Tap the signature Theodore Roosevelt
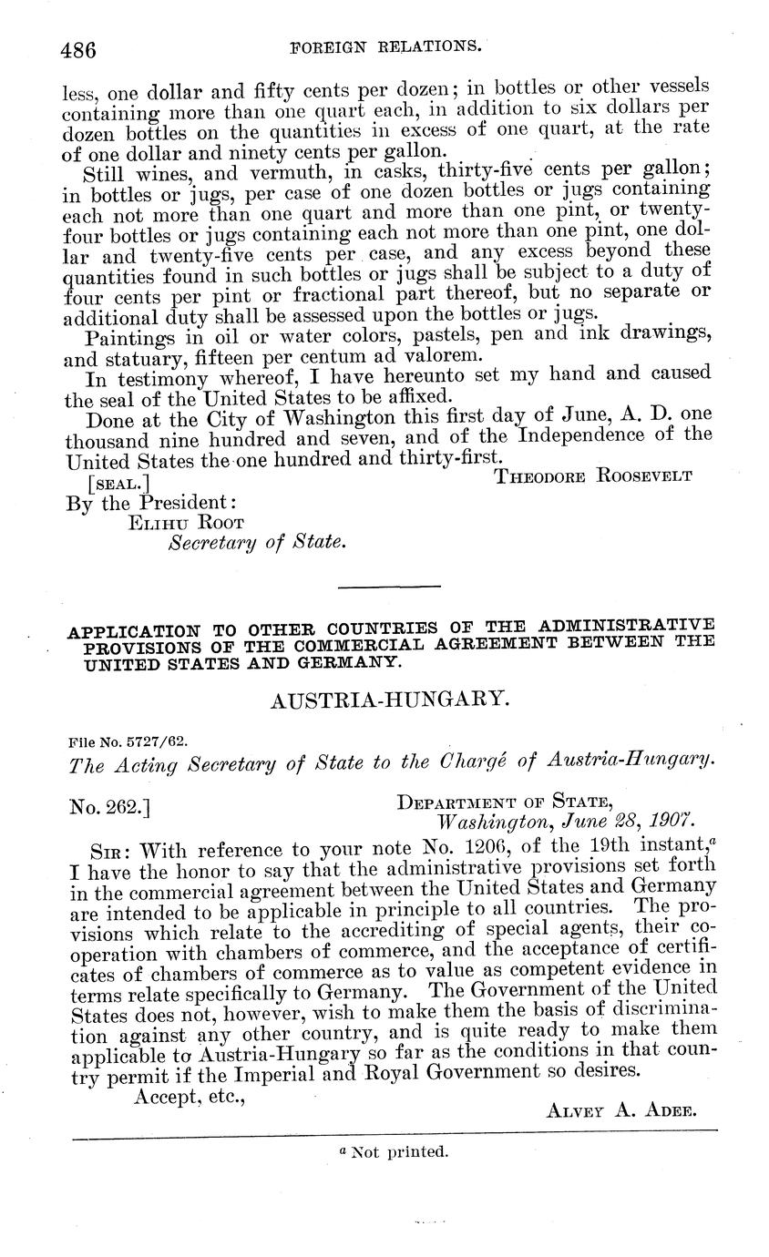click(593, 475)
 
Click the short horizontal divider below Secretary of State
click(388, 587)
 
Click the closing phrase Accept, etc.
click(190, 1098)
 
